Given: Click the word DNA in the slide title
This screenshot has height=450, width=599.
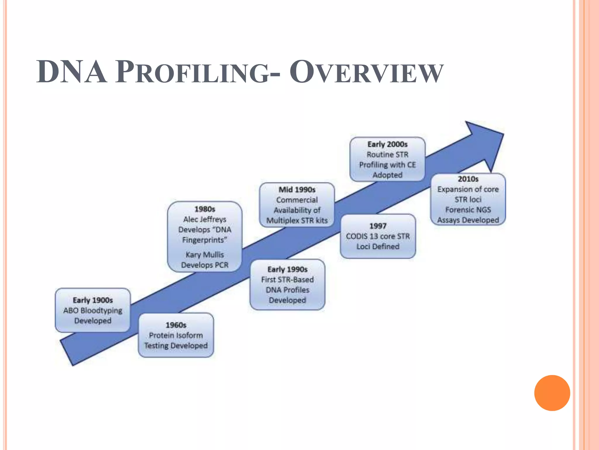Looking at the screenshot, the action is click(x=72, y=72).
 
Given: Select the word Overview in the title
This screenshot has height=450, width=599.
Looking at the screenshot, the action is click(x=366, y=72).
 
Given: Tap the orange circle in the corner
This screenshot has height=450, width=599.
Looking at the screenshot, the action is click(x=552, y=393).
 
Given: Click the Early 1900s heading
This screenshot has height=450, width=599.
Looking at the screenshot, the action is click(x=93, y=300).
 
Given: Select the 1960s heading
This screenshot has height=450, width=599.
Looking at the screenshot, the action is click(x=176, y=325).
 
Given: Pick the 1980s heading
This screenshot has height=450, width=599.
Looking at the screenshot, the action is click(x=205, y=209).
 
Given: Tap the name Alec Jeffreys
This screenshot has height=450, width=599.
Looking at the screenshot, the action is click(x=205, y=219).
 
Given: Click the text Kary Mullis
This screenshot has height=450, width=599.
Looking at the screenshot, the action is click(x=205, y=255).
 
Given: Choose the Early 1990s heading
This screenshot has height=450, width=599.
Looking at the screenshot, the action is click(x=288, y=270).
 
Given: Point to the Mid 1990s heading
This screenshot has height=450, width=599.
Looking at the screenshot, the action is click(x=297, y=190).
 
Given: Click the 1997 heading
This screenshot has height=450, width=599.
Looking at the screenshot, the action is click(x=378, y=226).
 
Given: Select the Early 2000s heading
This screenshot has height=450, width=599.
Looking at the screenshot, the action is click(x=388, y=144).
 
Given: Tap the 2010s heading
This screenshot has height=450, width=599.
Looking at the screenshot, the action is click(x=468, y=179).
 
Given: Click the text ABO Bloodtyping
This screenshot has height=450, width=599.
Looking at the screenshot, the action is click(x=93, y=311).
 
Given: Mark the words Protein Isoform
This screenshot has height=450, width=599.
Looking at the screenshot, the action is click(x=176, y=335).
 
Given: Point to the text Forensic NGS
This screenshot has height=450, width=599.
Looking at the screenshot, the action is click(x=468, y=210).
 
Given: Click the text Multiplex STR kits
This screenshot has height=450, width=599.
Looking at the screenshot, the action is click(x=297, y=221).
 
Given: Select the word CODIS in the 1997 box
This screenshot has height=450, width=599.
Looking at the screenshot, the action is click(x=357, y=236).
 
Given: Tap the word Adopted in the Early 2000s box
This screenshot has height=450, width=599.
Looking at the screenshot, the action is click(x=388, y=175).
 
